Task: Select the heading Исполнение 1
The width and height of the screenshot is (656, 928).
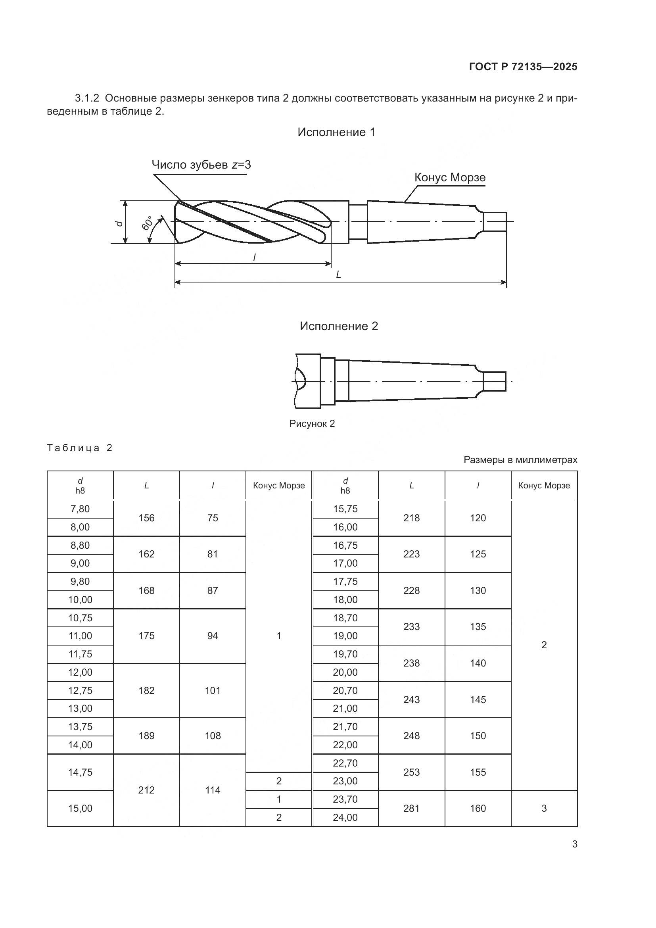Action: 336,132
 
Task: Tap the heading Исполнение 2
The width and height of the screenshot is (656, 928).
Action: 338,326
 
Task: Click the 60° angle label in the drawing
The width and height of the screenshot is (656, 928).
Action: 148,223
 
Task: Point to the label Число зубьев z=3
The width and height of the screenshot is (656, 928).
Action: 201,165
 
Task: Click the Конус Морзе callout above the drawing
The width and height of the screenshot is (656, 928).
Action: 450,177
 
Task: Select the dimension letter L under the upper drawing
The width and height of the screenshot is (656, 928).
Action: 338,275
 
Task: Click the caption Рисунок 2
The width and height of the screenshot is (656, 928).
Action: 312,424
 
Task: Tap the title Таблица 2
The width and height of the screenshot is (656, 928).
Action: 80,448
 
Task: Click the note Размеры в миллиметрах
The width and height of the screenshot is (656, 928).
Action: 520,459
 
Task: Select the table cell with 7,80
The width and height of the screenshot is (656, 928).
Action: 80,509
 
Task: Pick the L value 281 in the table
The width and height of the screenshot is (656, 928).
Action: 411,808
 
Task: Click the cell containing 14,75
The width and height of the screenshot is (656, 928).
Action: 80,772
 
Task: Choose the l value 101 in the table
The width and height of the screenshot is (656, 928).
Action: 213,690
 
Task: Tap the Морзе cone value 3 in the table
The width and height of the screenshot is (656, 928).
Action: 544,808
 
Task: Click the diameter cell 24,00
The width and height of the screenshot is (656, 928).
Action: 345,817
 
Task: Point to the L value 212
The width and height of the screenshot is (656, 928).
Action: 146,790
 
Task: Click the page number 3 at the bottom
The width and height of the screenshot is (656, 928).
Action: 574,844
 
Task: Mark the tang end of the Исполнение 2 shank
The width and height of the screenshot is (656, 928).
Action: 495,381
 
